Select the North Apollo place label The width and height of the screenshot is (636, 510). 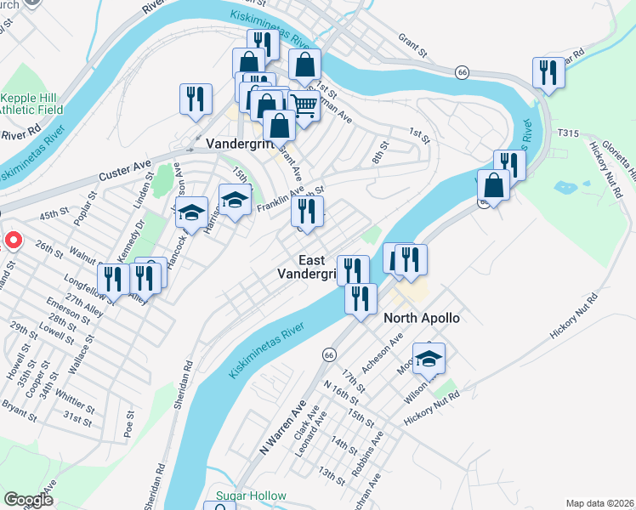click(x=422, y=318)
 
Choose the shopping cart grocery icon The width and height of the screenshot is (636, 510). click(x=303, y=105)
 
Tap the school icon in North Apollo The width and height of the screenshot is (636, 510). click(x=429, y=358)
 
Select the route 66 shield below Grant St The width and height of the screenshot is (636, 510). click(x=462, y=72)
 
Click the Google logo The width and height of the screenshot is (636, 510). click(x=28, y=500)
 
